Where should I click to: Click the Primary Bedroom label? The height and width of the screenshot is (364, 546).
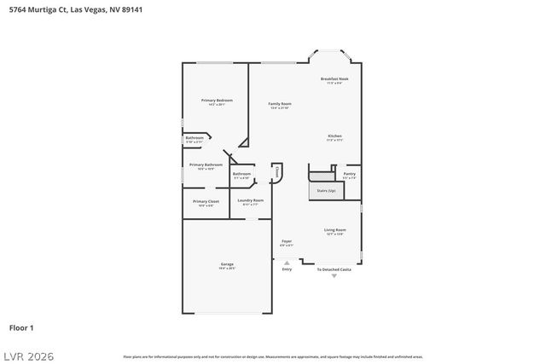pyautogui.click(x=217, y=101)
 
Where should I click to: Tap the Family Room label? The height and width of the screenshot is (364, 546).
pyautogui.click(x=280, y=104)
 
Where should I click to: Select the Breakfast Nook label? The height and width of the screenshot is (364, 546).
pyautogui.click(x=334, y=79)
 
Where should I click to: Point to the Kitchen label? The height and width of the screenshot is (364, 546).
pyautogui.click(x=335, y=136)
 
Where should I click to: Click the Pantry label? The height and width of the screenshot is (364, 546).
pyautogui.click(x=350, y=174)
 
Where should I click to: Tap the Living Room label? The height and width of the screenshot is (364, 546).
pyautogui.click(x=334, y=230)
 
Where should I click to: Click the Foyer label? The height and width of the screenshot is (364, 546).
pyautogui.click(x=287, y=241)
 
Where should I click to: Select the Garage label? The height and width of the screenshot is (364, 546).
pyautogui.click(x=227, y=264)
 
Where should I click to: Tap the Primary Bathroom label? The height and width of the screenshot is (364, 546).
pyautogui.click(x=206, y=165)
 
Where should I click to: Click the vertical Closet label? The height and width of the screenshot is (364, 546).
pyautogui.click(x=277, y=172)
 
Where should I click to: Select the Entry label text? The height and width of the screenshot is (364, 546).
pyautogui.click(x=287, y=269)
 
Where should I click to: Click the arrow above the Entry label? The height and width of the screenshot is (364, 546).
pyautogui.click(x=287, y=262)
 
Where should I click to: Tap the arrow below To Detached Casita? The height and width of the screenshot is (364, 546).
pyautogui.click(x=334, y=276)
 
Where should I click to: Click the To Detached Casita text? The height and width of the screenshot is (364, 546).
pyautogui.click(x=334, y=269)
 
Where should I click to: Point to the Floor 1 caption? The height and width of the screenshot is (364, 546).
pyautogui.click(x=21, y=327)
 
